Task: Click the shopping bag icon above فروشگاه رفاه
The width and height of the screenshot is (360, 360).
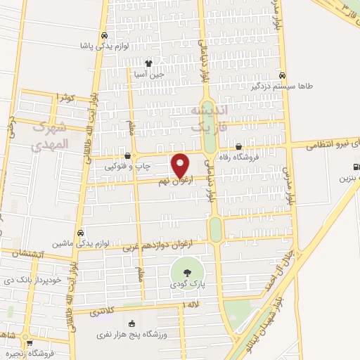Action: (x=239, y=147)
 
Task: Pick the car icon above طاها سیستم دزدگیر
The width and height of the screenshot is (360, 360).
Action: (x=281, y=75)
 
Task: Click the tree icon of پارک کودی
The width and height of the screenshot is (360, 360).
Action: (x=187, y=273)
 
